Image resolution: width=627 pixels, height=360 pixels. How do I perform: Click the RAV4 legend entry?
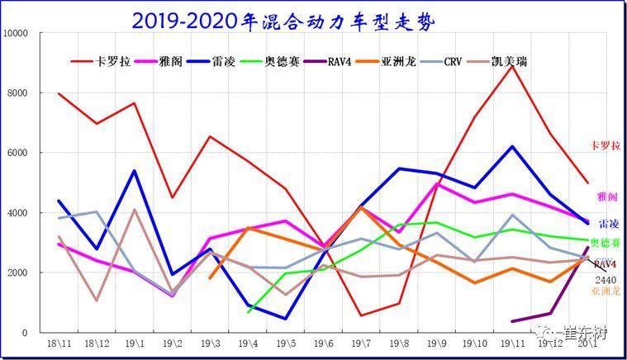click(339, 61)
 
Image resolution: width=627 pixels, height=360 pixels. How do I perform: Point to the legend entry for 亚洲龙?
click(399, 61)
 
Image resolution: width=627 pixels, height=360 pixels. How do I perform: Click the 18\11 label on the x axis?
click(59, 342)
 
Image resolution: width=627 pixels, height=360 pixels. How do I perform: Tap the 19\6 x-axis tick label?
click(324, 342)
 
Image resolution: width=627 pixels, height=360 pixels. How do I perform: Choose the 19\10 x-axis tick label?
click(475, 342)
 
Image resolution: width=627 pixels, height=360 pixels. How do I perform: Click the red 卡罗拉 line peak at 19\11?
click(513, 65)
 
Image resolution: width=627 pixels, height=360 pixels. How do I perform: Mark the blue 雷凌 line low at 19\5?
click(286, 319)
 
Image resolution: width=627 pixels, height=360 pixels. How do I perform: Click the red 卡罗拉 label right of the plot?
click(606, 145)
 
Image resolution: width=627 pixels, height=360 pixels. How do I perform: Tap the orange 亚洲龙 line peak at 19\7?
click(361, 207)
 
